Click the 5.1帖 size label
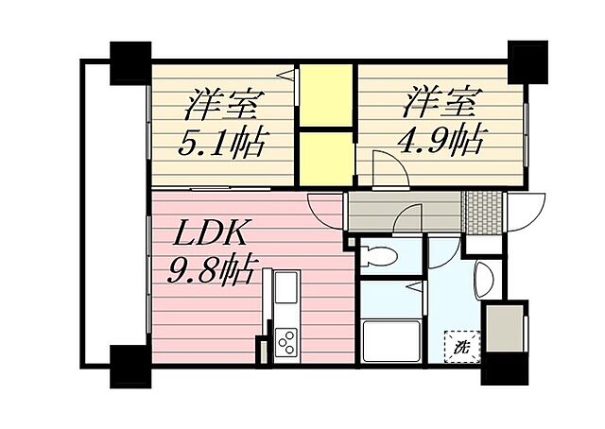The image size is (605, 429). coord(224,145)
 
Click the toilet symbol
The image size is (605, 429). coord(379,256)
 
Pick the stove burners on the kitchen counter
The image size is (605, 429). coord(285,341)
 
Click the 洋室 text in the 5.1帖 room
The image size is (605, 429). coord(224,100)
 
